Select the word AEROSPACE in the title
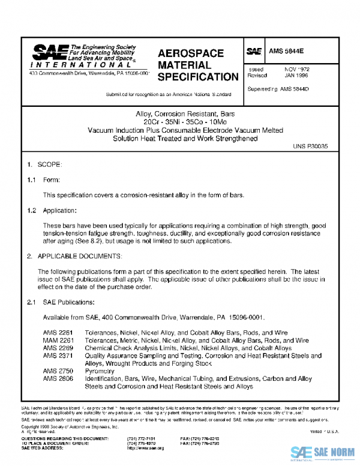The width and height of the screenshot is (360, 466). [x=191, y=53]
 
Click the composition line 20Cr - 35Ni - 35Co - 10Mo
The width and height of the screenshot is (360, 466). [x=180, y=122]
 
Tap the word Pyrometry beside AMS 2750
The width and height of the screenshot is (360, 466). [x=100, y=372]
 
